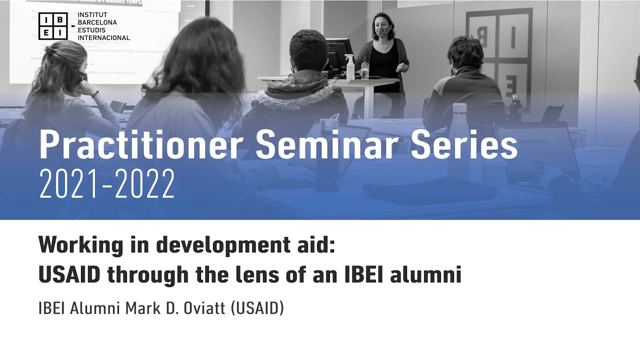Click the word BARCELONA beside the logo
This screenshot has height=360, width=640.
[x=97, y=22]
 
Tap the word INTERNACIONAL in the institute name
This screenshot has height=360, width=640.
[x=103, y=37]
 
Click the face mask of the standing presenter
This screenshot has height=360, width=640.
[x=382, y=32]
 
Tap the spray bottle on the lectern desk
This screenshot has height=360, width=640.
[x=349, y=67]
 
